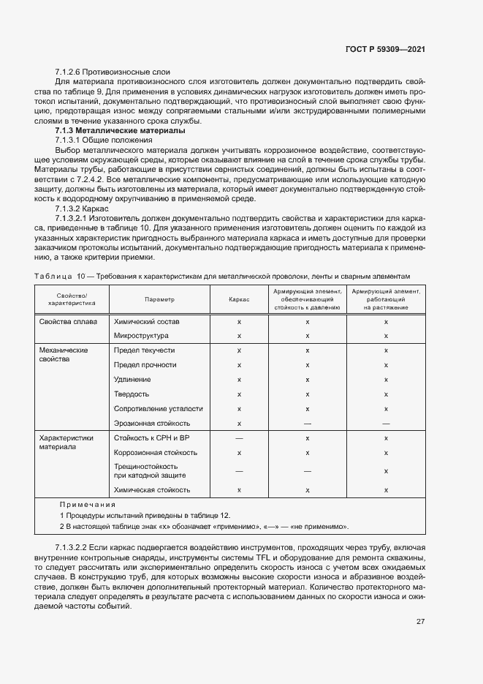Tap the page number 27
[x=420, y=622]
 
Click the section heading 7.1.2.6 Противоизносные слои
[x=112, y=72]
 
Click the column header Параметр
[x=159, y=300]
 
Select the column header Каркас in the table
[x=239, y=300]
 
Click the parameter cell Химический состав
[x=146, y=322]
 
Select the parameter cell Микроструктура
[x=142, y=336]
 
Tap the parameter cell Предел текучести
[x=145, y=350]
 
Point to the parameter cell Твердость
[x=132, y=394]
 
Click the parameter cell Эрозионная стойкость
[x=152, y=423]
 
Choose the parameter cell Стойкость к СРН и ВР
[x=152, y=437]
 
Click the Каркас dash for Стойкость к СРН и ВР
[x=239, y=437]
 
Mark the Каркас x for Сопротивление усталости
[x=239, y=409]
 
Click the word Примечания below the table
[x=87, y=505]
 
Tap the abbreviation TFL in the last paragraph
[x=264, y=557]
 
